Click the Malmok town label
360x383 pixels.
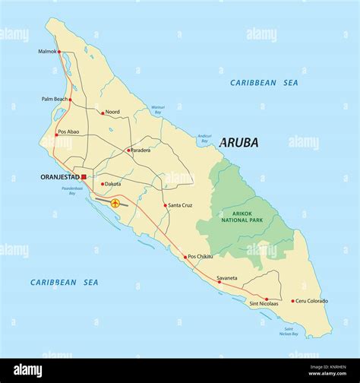(x=47, y=52)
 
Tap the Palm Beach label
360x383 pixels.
(x=55, y=99)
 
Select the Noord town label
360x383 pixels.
(x=112, y=112)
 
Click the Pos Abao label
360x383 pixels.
(x=69, y=131)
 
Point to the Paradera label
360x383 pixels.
(x=141, y=150)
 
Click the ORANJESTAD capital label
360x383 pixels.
(x=59, y=177)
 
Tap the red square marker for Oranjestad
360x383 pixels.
(x=84, y=177)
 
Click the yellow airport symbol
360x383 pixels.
(x=115, y=203)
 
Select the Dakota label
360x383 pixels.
(x=112, y=184)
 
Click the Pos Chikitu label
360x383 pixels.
(x=201, y=256)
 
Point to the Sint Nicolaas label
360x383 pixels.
(x=264, y=304)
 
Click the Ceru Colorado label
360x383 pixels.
(x=312, y=301)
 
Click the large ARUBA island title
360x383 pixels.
(x=238, y=143)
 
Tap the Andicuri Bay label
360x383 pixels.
(x=204, y=138)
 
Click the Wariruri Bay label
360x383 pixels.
(x=157, y=109)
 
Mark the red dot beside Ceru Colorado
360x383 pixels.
(x=292, y=301)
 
